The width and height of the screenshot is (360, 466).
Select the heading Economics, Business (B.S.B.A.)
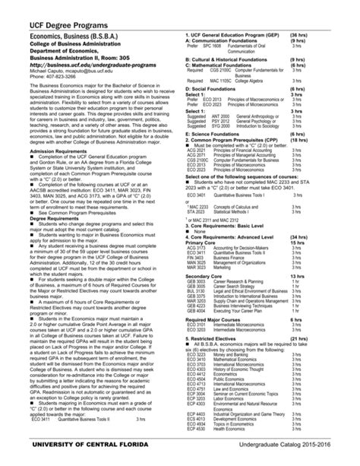90,35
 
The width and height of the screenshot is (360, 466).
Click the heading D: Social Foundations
216,90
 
